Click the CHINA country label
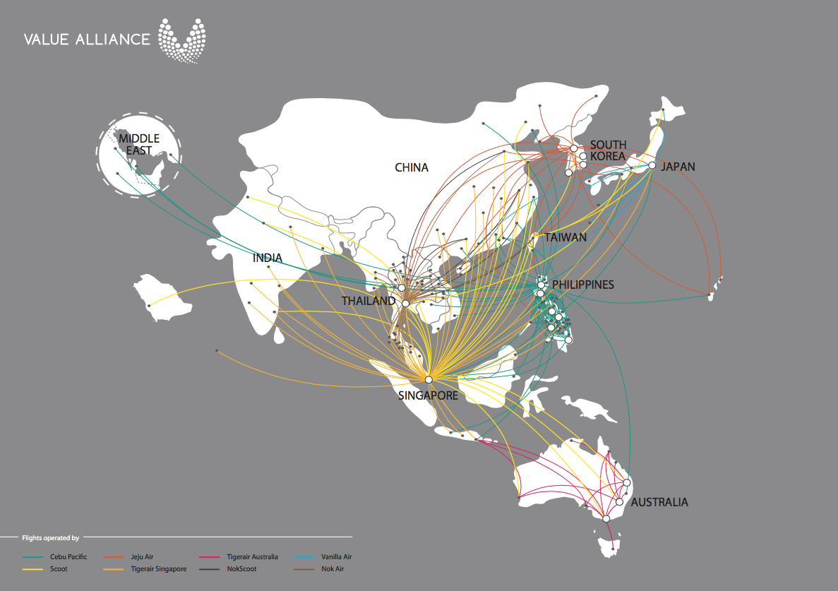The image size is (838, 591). [412, 167]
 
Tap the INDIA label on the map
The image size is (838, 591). [268, 258]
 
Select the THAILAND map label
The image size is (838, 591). [369, 302]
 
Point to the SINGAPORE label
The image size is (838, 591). [428, 395]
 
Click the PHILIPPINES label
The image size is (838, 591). [583, 285]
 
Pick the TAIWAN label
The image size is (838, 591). [565, 237]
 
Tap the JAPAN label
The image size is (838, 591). [678, 167]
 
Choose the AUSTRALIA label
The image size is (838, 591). [659, 503]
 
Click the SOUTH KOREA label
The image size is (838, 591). [608, 150]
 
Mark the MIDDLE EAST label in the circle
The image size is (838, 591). [139, 145]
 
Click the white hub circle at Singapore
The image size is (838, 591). [429, 379]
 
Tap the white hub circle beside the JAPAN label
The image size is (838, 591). [652, 166]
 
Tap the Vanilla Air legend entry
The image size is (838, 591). [336, 557]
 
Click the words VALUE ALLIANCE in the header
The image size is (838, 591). [87, 39]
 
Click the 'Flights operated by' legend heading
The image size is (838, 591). [50, 538]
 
